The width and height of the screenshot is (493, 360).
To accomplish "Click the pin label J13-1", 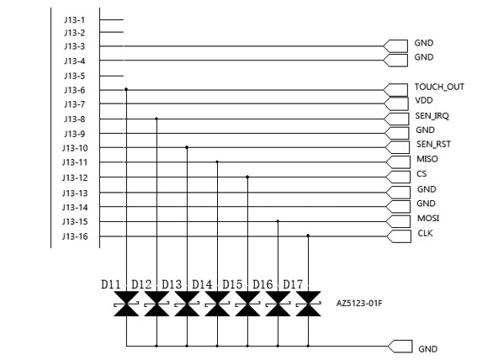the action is [x=75, y=20].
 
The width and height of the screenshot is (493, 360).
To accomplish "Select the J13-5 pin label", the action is [x=75, y=76].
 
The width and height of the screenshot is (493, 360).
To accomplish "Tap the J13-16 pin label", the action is [x=75, y=236].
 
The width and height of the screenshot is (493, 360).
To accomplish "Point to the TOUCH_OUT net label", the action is [x=439, y=87].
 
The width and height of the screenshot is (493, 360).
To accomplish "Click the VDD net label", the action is [x=424, y=101].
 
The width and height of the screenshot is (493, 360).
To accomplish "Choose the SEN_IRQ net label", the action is [x=432, y=116].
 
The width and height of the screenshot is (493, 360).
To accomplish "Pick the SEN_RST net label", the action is [x=433, y=145].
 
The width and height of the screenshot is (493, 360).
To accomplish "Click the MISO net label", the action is [x=427, y=159].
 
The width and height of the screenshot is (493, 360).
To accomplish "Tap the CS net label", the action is [x=421, y=174].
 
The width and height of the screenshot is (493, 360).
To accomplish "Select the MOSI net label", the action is [x=428, y=218].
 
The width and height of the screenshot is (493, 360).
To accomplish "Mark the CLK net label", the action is [x=426, y=233].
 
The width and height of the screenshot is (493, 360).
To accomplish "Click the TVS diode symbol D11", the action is [x=126, y=304].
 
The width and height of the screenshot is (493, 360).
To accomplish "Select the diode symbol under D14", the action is [x=217, y=304].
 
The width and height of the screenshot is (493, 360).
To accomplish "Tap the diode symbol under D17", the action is [x=308, y=304].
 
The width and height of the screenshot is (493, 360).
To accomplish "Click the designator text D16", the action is [x=262, y=284].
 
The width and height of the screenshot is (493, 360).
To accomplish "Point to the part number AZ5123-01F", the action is [x=359, y=304].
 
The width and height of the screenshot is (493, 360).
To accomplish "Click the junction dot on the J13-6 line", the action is [x=126, y=90].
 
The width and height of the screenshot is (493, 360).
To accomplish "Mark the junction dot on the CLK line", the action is [x=308, y=236].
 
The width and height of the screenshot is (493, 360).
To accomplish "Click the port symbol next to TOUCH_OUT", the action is [x=395, y=90].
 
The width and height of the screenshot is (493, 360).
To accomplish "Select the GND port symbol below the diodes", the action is [x=400, y=347].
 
